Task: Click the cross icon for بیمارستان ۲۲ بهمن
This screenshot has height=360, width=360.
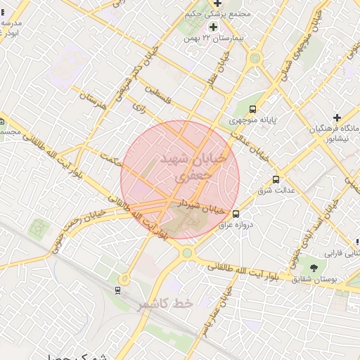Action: (213, 27)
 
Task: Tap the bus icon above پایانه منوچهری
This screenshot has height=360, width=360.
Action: (252, 109)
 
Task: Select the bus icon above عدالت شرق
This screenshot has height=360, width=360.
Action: (276, 179)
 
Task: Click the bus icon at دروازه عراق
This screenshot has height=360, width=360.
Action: (236, 214)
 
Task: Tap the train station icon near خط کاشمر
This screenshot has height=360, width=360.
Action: (117, 290)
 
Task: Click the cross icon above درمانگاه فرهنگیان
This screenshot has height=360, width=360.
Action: (337, 117)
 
